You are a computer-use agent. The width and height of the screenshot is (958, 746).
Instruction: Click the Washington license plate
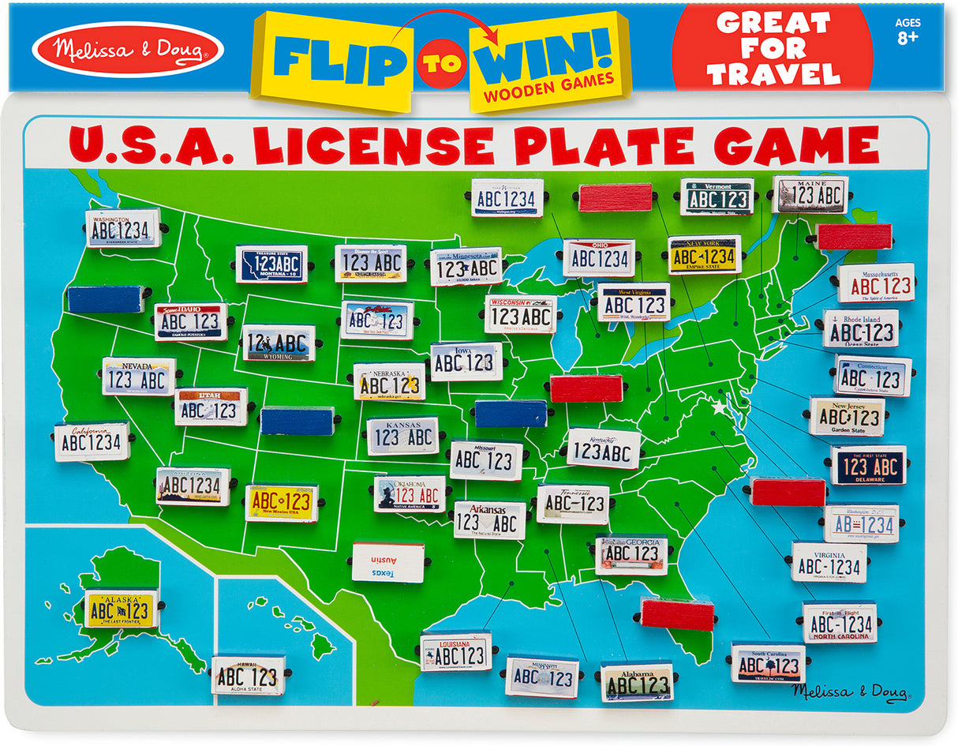pyautogui.click(x=123, y=228)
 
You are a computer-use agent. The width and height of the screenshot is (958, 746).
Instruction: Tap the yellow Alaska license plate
pyautogui.click(x=121, y=609)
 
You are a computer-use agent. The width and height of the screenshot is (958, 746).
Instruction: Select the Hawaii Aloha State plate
pyautogui.click(x=248, y=676)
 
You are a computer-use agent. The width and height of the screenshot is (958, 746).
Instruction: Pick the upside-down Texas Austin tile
pyautogui.click(x=387, y=562)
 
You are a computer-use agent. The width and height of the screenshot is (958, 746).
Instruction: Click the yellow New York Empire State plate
pyautogui.click(x=705, y=255)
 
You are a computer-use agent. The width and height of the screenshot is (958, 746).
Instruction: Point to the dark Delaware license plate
pyautogui.click(x=868, y=465)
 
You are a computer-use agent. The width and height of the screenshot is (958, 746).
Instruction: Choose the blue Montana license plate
pyautogui.click(x=271, y=264)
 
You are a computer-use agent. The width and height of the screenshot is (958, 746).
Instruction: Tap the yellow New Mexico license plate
pyautogui.click(x=281, y=503)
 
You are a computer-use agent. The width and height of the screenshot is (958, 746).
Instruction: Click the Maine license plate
pyautogui.click(x=809, y=194)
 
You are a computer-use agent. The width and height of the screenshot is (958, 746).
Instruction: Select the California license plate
pyautogui.click(x=92, y=441)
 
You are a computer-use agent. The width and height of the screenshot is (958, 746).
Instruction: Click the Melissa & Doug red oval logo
pyautogui.click(x=128, y=49)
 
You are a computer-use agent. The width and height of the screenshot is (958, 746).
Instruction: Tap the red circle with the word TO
pyautogui.click(x=441, y=63)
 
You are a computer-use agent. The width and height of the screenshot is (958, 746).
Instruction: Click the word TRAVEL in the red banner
pyautogui.click(x=773, y=74)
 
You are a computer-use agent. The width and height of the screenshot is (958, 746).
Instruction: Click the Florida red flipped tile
pyautogui.click(x=677, y=614)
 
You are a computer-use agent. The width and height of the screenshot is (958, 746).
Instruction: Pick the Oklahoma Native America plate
pyautogui.click(x=409, y=494)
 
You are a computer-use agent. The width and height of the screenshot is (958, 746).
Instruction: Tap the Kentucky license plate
pyautogui.click(x=604, y=449)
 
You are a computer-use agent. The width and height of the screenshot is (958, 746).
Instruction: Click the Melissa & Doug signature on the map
pyautogui.click(x=850, y=692)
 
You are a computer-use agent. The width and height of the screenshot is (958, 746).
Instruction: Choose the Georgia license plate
pyautogui.click(x=631, y=554)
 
